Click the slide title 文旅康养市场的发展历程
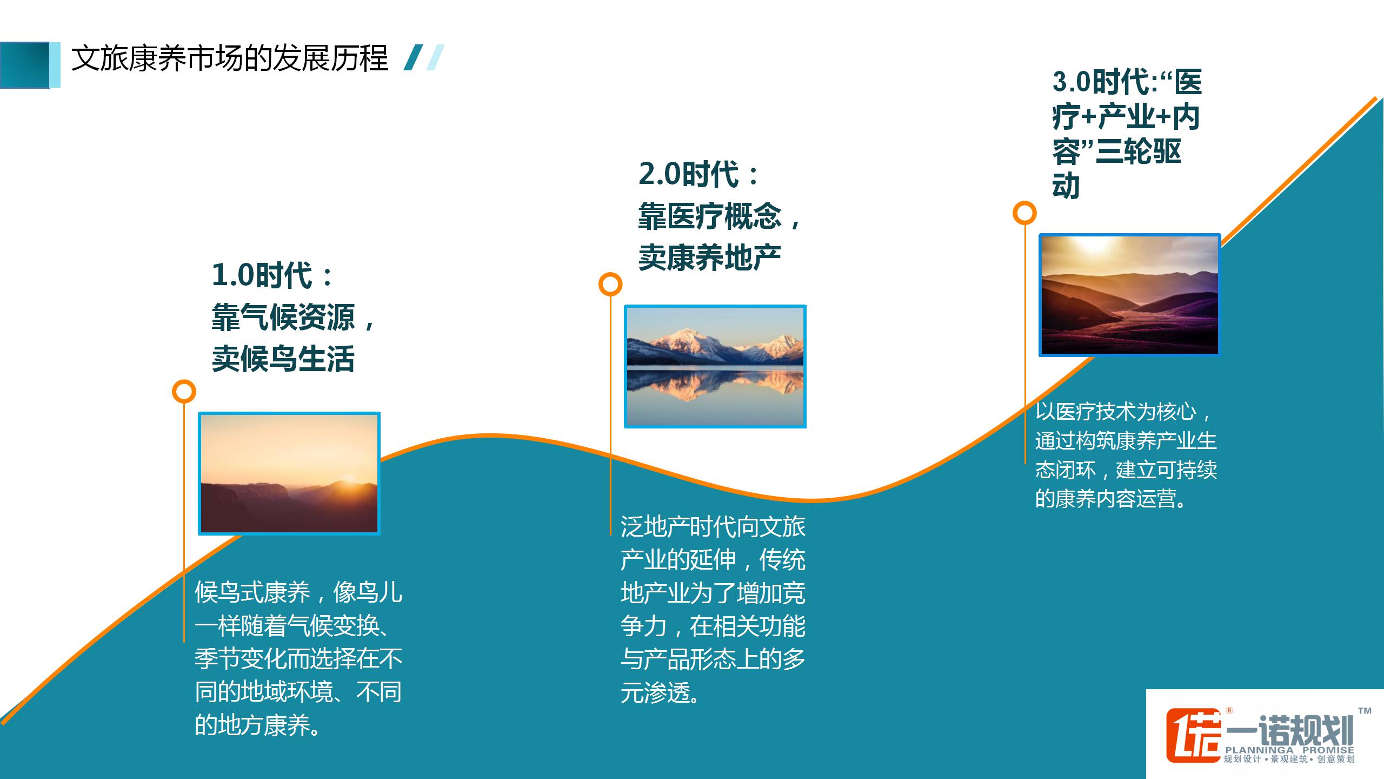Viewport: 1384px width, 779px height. click(x=230, y=58)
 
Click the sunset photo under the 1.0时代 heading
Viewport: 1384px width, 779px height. click(x=289, y=474)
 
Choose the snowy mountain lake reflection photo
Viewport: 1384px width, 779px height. click(x=715, y=367)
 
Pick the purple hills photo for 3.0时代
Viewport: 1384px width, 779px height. click(x=1130, y=295)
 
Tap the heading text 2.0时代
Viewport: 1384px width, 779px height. click(x=689, y=174)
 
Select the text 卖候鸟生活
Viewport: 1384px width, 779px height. click(x=283, y=359)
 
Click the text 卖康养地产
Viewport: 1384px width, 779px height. click(x=710, y=257)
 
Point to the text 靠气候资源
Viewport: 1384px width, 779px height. click(x=283, y=317)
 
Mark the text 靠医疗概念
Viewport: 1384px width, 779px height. click(x=710, y=215)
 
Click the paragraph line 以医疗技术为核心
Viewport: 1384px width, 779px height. click(x=1116, y=412)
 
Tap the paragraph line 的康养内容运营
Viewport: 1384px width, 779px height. click(x=1106, y=498)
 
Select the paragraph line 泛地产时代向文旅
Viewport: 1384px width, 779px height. click(x=713, y=527)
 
